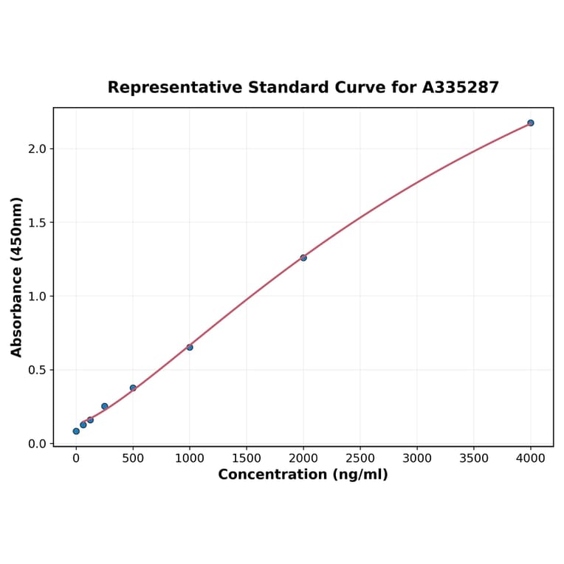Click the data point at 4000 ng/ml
(x=531, y=123)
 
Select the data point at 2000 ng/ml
(x=303, y=258)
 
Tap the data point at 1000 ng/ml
(x=190, y=347)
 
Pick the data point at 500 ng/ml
(x=133, y=388)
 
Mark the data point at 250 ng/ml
(x=105, y=406)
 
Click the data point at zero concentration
(x=76, y=431)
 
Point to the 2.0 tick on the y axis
(x=36, y=148)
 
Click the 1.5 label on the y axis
(x=36, y=222)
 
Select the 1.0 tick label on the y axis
(x=36, y=296)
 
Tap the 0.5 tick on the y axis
(x=36, y=370)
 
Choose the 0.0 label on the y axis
(x=36, y=444)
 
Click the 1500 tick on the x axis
(x=247, y=458)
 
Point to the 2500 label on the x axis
(x=360, y=458)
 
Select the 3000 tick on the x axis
(x=417, y=458)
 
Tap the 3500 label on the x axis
(x=474, y=458)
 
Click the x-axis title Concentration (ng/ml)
(x=303, y=475)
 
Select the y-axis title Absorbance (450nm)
(x=17, y=277)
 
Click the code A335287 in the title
(x=461, y=87)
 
